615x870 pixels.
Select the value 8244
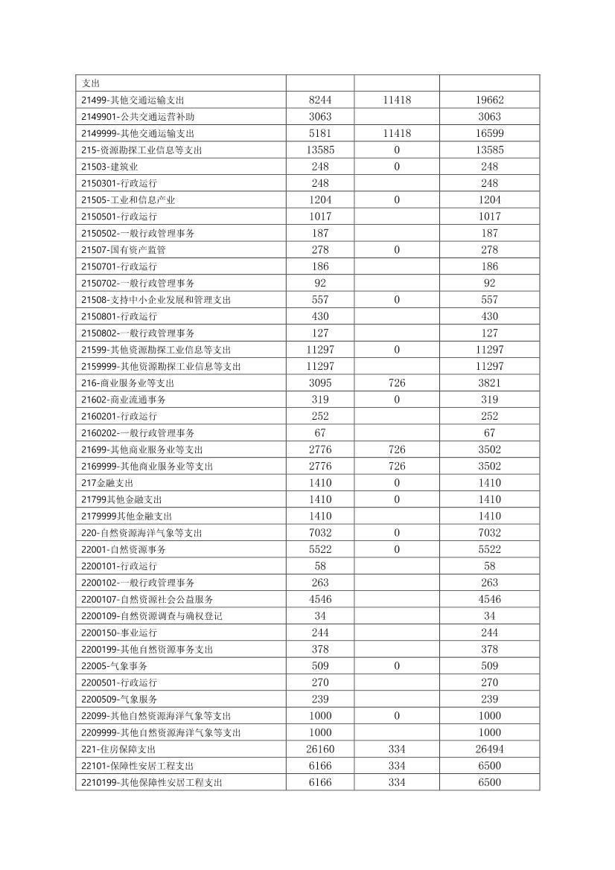[x=320, y=100]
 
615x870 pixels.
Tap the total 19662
[x=489, y=100]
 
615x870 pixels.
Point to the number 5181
[x=320, y=133]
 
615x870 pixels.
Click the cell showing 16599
[x=489, y=133]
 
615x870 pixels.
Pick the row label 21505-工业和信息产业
[x=128, y=200]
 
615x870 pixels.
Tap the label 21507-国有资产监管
[x=124, y=250]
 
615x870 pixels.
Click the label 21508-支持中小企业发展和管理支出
[x=156, y=300]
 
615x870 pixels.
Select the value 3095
[x=320, y=383]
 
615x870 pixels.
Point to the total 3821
[x=489, y=383]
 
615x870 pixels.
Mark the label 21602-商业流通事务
[x=124, y=400]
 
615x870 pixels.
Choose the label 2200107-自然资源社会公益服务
[x=149, y=599]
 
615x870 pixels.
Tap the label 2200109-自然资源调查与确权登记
[x=152, y=616]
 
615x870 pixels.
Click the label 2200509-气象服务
[x=119, y=700]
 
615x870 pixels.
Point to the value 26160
[x=320, y=749]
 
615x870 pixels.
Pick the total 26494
[x=489, y=749]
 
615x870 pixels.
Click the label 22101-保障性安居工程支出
[x=138, y=766]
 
